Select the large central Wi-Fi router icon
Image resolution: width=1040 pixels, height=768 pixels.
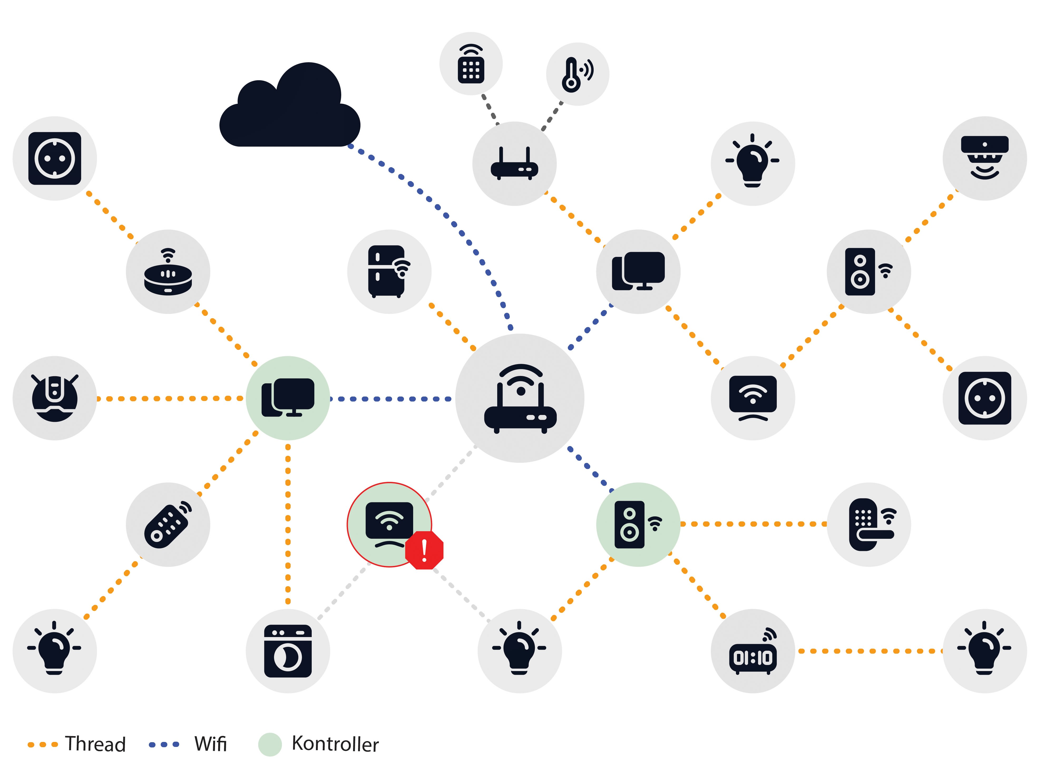point(520,398)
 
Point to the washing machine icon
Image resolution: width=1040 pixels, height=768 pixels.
point(288,651)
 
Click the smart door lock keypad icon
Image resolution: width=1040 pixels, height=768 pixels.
point(868,524)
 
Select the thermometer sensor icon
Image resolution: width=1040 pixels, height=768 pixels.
point(577,74)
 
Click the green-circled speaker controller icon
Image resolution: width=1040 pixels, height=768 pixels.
point(638,524)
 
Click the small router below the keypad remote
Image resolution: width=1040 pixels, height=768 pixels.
point(514,164)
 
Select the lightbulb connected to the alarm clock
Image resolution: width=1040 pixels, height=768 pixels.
point(984,651)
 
